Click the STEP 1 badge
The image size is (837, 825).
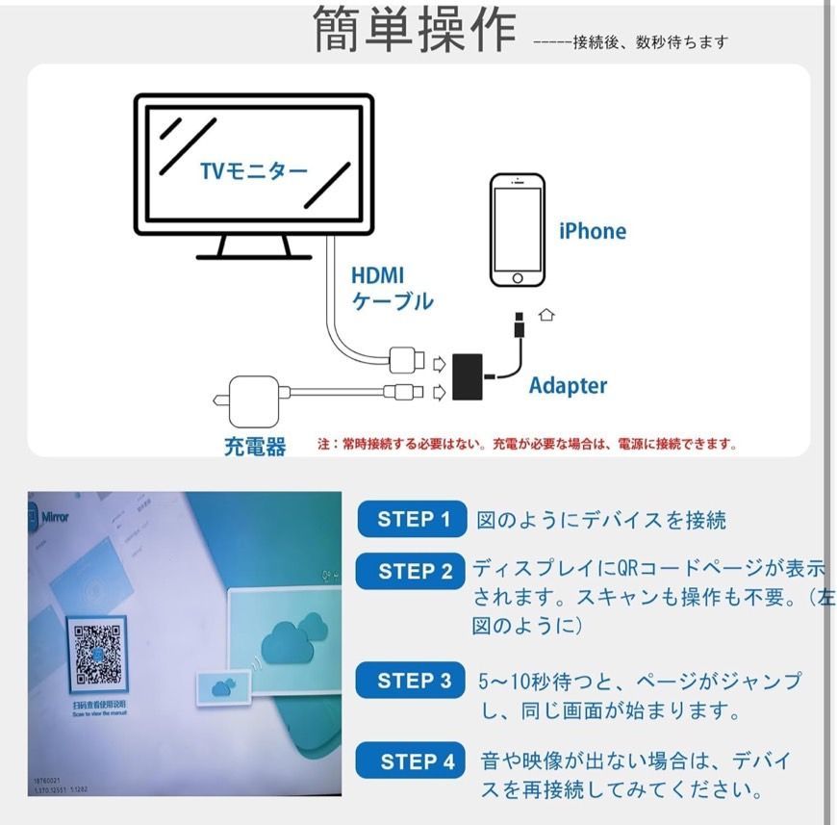413,520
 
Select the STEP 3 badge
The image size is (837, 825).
414,681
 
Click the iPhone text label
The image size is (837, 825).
592,231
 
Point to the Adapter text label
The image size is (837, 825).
568,386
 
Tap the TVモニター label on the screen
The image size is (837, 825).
254,171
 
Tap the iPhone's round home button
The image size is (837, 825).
517,277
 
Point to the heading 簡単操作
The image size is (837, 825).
415,30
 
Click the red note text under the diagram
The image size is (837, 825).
527,445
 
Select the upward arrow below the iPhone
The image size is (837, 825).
547,314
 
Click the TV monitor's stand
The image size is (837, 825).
254,247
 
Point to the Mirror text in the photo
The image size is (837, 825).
56,517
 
